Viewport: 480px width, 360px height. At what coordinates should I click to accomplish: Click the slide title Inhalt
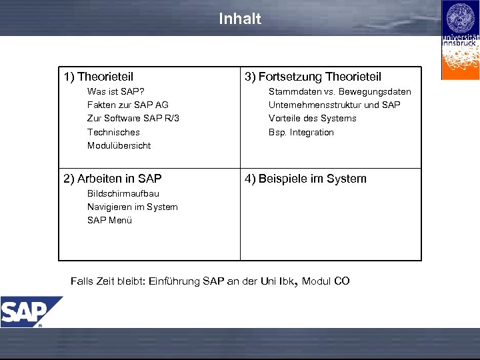[x=240, y=19]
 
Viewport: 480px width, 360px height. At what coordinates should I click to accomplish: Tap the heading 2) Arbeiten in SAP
[x=112, y=178]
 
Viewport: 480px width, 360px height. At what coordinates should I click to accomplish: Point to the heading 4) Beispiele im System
[x=305, y=178]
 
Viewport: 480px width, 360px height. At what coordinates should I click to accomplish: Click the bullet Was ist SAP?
[x=116, y=91]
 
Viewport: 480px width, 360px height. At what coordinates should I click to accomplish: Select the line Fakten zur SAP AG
[x=127, y=105]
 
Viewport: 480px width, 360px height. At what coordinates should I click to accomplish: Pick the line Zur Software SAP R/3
[x=133, y=118]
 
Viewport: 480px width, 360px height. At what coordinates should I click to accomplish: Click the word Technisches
[x=113, y=132]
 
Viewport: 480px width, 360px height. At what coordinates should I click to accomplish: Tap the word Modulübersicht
[x=119, y=145]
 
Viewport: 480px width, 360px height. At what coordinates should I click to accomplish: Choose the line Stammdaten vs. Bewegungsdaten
[x=339, y=91]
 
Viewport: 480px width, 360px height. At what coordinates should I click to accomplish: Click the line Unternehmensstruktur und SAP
[x=334, y=105]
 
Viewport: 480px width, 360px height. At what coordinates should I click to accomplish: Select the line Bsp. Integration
[x=301, y=132]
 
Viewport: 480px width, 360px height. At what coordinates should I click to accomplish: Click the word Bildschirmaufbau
[x=123, y=193]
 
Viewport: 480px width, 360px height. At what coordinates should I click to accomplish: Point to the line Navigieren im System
[x=132, y=207]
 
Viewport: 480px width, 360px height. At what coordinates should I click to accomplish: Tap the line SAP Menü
[x=109, y=220]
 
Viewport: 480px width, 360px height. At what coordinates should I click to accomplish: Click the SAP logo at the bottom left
[x=27, y=311]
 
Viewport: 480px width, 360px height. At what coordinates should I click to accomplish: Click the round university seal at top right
[x=460, y=17]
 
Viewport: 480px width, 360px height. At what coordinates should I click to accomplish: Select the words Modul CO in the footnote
[x=325, y=281]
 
